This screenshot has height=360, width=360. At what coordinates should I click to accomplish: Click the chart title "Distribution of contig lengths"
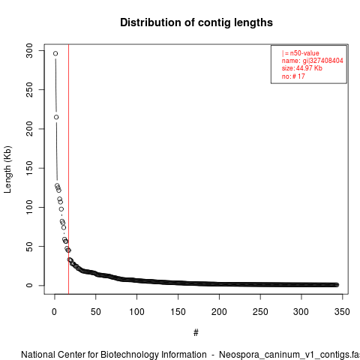[196, 22]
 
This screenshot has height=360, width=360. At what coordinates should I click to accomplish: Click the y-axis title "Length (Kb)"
[7, 169]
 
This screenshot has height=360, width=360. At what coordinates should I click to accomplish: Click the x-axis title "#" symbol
[196, 333]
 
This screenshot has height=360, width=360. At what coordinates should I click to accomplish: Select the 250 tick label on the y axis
[29, 90]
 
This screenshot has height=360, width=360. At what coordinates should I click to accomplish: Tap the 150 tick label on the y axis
[29, 168]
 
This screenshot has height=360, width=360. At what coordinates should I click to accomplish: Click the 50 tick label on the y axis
[29, 246]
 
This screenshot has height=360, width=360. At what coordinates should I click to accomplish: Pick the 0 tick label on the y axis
[29, 285]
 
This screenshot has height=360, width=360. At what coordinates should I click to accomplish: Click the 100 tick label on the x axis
[136, 312]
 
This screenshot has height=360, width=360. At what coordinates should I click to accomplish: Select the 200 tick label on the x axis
[219, 312]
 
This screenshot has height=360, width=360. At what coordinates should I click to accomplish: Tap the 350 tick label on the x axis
[342, 312]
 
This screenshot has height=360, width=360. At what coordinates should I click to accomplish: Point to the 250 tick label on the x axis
[260, 312]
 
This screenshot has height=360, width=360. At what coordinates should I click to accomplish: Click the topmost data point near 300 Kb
[55, 53]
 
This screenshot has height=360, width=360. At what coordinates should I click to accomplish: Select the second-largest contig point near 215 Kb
[56, 117]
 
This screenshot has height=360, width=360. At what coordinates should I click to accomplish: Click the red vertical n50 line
[68, 169]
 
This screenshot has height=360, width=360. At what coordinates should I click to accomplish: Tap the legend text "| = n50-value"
[300, 53]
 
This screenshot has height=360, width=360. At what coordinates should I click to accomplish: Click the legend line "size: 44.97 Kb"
[302, 68]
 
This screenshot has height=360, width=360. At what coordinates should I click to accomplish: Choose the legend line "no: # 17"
[293, 76]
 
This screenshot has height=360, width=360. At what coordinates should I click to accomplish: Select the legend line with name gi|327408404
[312, 61]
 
